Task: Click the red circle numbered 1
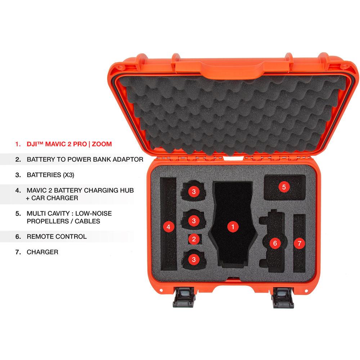point(233,226)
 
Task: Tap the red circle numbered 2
point(194,239)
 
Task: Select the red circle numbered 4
point(168,226)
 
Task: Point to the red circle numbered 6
point(275,243)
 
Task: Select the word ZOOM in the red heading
point(102,144)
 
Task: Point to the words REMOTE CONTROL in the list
point(57,237)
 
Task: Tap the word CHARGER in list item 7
point(42,252)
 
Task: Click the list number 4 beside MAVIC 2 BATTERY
point(18,190)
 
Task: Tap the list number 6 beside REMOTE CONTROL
point(18,237)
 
